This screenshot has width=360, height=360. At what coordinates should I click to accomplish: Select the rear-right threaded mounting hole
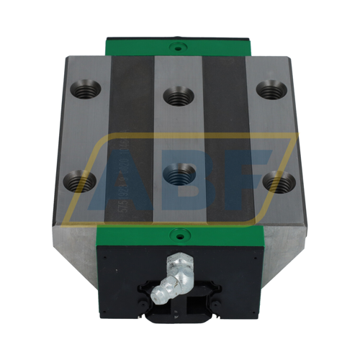click(x=269, y=90)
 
